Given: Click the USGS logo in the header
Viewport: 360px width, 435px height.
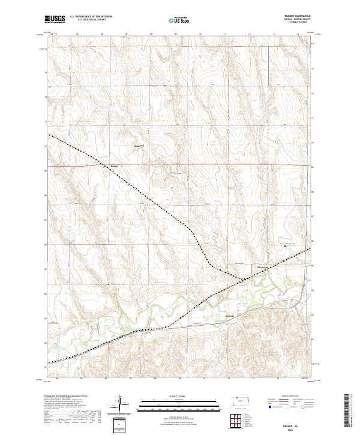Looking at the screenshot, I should tap(53, 20).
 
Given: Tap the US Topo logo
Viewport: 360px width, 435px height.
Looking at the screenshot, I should tap(173, 20).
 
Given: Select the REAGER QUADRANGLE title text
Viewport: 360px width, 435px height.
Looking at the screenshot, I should tap(294, 17).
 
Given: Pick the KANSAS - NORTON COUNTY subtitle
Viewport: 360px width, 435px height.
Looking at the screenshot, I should tap(294, 20).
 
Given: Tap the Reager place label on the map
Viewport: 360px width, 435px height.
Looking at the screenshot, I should tap(115, 166).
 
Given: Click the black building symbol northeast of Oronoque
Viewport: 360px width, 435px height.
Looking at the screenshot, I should tap(286, 245).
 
